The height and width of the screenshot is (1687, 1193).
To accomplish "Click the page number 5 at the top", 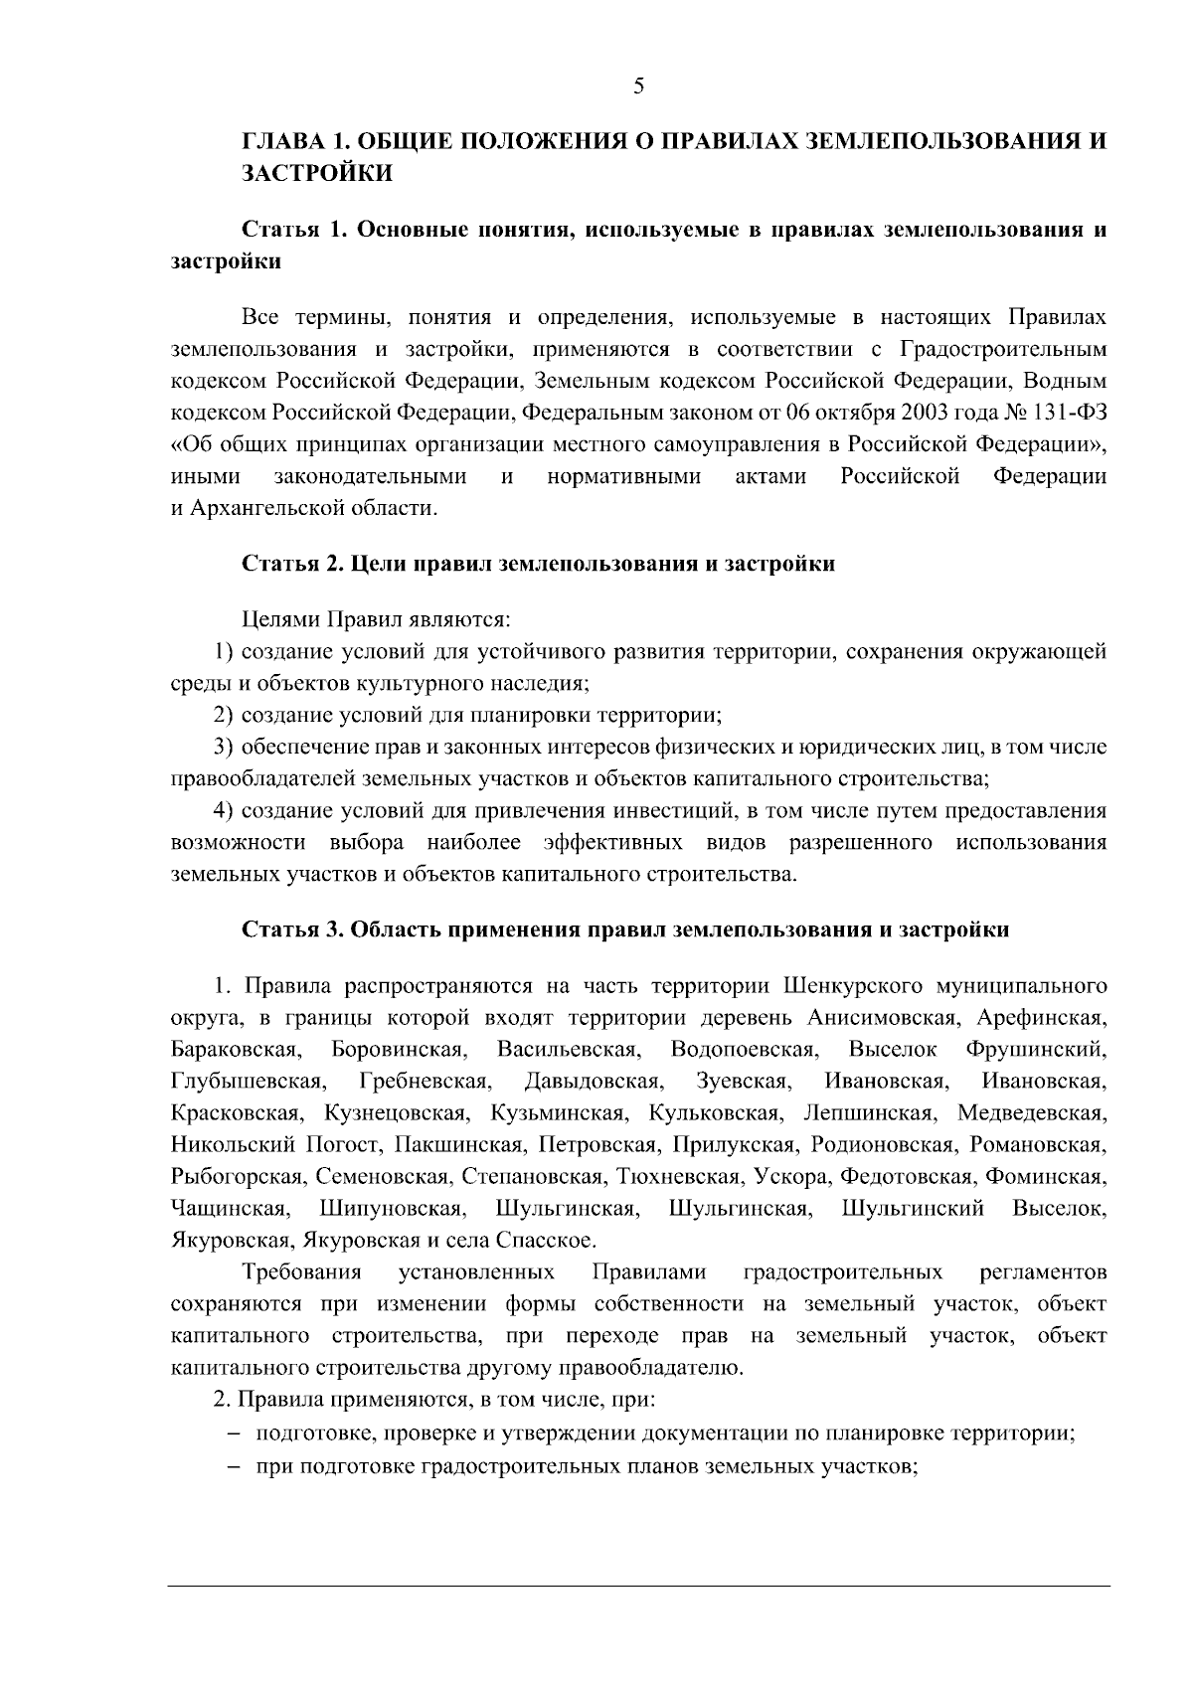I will click(638, 86).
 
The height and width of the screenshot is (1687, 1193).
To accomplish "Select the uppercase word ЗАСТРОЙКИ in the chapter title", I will click(318, 174).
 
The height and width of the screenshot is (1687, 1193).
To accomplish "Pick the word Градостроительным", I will click(1003, 349).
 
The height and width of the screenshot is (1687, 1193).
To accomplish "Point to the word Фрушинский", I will click(1036, 1050).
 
